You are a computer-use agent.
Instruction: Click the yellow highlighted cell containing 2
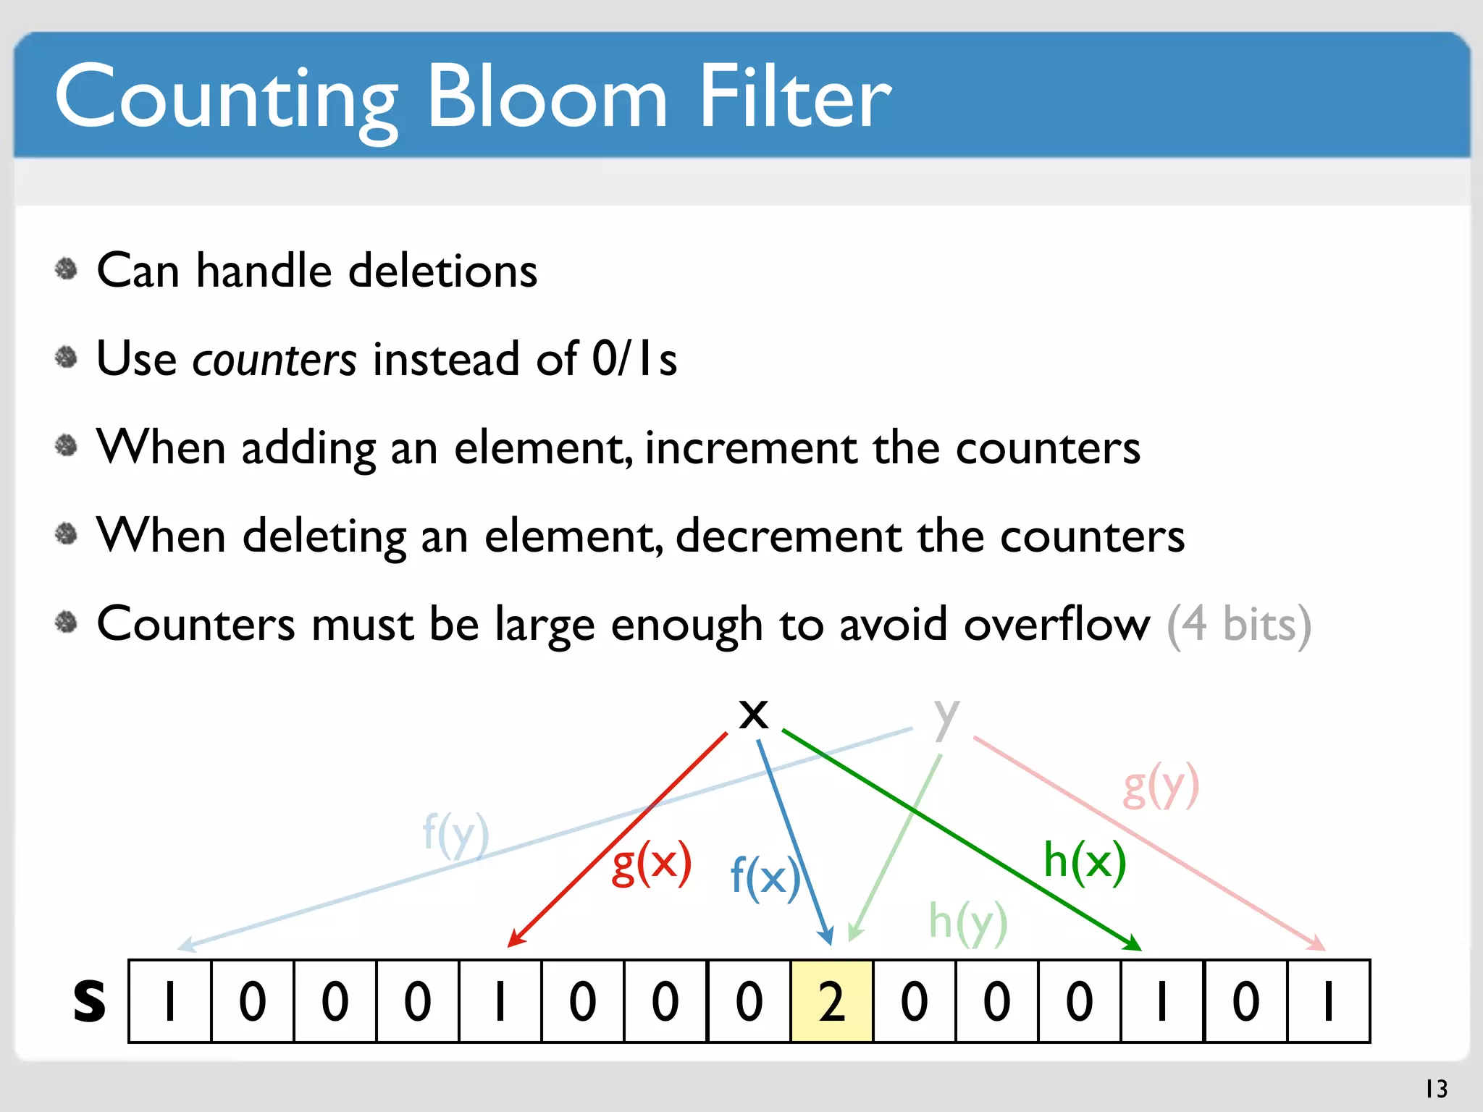832,1001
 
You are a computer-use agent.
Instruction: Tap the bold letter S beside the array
89,1002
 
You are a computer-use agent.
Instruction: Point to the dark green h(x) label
1084,862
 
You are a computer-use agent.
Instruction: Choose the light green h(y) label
967,922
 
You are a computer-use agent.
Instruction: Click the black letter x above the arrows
753,714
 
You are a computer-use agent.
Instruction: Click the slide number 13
1436,1089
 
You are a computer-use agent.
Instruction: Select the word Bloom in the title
547,98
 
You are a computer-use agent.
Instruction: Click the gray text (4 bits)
1238,624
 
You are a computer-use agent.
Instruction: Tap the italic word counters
274,360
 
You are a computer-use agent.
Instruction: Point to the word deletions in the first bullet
442,271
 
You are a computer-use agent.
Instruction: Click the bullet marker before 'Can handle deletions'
66,269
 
